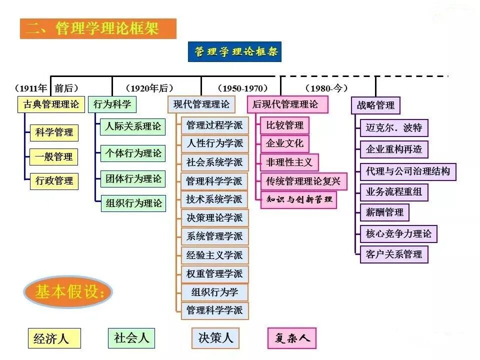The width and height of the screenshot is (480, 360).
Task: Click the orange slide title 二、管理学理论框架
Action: [98, 28]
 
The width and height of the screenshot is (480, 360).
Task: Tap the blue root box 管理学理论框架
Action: [234, 51]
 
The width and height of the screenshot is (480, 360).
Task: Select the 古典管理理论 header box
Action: [50, 104]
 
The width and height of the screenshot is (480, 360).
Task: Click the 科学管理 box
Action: [54, 132]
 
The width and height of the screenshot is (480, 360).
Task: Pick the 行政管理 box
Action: [54, 180]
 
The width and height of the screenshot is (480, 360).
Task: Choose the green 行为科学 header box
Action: [112, 104]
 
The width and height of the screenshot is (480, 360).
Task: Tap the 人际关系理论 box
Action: [133, 126]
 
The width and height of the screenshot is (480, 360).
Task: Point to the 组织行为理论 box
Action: [133, 203]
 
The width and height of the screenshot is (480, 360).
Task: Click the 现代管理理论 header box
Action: [201, 104]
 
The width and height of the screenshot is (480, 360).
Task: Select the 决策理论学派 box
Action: [214, 217]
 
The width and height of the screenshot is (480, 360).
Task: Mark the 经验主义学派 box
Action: [214, 255]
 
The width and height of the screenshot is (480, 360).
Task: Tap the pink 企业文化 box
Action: [284, 143]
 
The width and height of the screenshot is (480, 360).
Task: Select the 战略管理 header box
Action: [375, 105]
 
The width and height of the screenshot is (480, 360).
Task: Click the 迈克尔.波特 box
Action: [394, 127]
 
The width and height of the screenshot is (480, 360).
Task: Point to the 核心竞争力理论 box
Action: [398, 233]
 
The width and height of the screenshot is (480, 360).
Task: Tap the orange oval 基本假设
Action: [68, 292]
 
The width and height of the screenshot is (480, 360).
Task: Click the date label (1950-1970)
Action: [242, 88]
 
